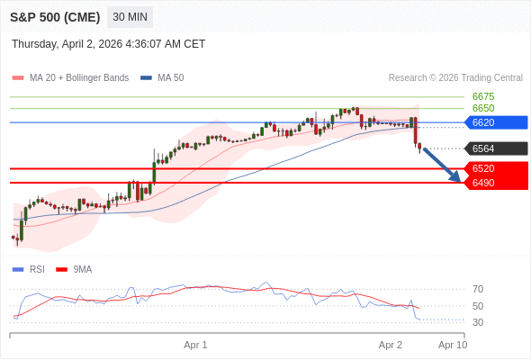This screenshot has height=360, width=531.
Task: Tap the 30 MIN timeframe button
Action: coord(130,17)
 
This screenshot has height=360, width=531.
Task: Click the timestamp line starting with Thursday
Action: coord(109,43)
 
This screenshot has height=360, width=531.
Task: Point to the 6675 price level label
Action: coord(482,96)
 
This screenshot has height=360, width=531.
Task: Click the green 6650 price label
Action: coord(482,108)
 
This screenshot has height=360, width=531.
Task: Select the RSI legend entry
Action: coord(37,269)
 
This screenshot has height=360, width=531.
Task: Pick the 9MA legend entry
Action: coord(83,269)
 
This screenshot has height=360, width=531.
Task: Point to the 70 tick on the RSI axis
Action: coord(478,289)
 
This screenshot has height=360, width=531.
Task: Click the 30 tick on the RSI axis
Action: coord(478,322)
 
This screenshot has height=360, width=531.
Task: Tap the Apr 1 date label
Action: coord(195,345)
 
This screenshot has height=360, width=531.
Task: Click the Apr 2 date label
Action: coord(391,345)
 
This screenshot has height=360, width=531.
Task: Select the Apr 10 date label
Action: coord(453,345)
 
